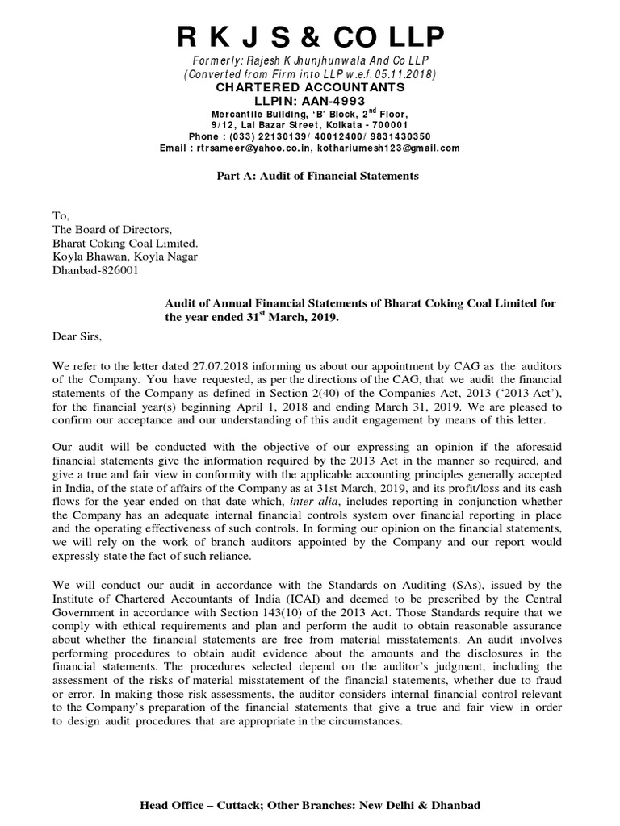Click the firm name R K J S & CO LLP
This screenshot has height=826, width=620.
310,38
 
